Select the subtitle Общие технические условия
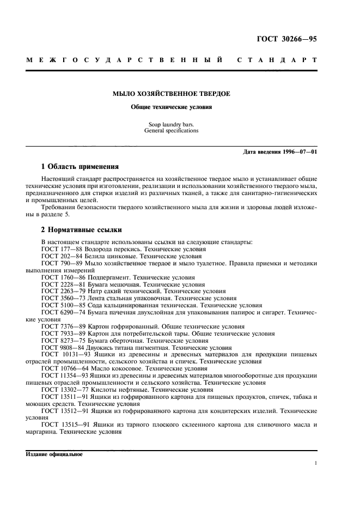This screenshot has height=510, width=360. pos(171,107)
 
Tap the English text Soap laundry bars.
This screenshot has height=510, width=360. pos(171,125)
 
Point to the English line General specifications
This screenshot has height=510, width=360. pos(171,131)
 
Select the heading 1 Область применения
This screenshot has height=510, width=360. pos(80,166)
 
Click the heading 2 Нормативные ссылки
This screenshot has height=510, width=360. pos(82,230)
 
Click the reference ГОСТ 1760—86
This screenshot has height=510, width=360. pos(63,276)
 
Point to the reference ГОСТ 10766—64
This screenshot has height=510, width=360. pos(65,368)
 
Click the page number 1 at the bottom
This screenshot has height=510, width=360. pos(316,464)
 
